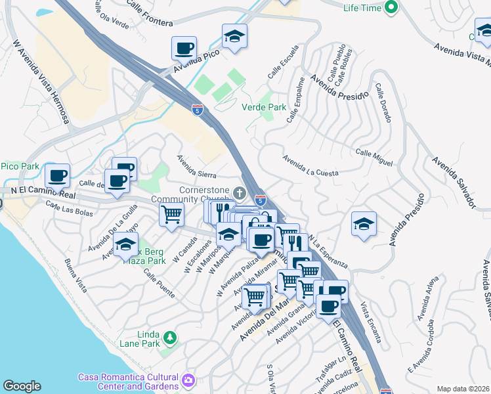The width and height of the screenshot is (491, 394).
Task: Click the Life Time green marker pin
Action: coord(391,9)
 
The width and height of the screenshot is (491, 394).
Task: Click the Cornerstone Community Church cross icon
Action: coord(240,194)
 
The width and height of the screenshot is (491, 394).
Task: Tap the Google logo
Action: coord(22,386)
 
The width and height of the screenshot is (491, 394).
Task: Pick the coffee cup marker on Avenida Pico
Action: coord(184,48)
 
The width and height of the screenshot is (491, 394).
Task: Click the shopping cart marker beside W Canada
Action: coord(171,213)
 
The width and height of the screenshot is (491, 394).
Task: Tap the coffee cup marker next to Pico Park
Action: coord(57,175)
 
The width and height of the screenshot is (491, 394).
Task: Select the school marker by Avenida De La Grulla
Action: coord(125,246)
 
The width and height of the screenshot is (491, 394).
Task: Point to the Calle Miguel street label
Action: coord(374,157)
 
